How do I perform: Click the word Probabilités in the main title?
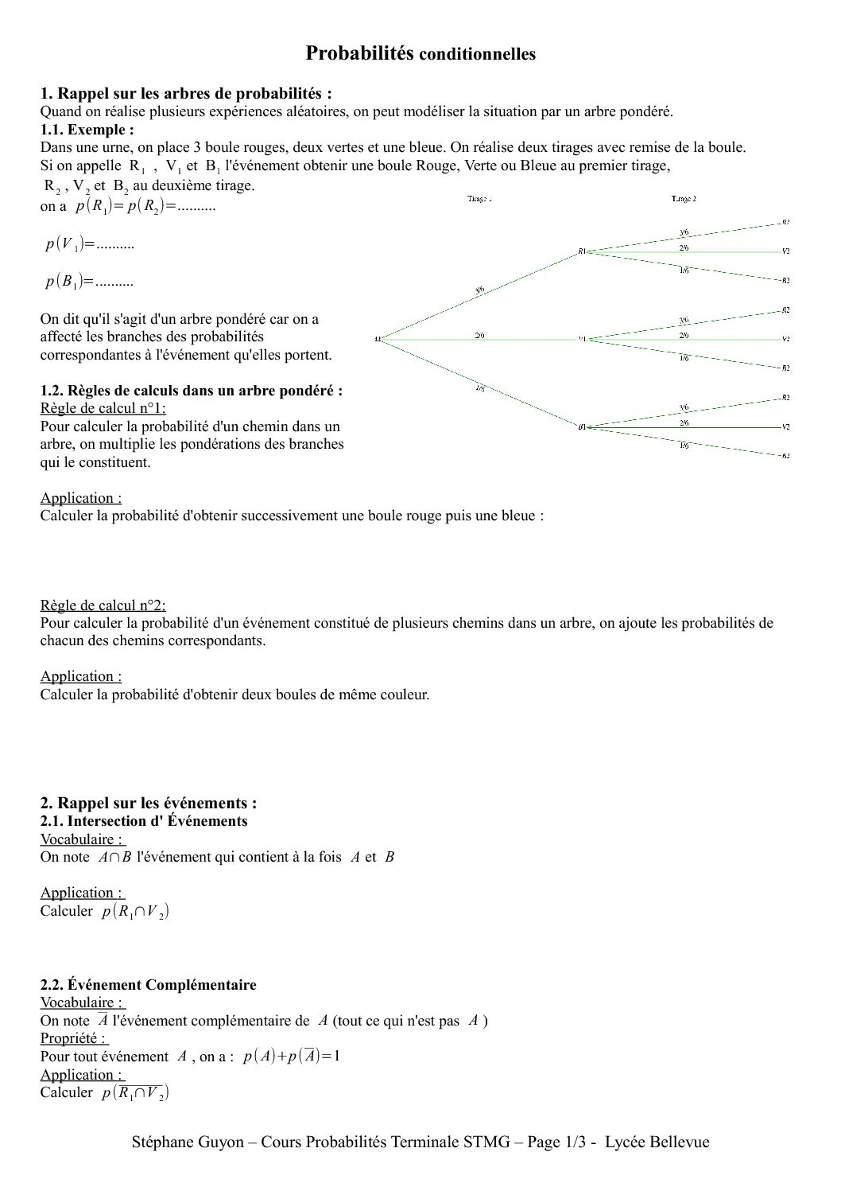point(359,53)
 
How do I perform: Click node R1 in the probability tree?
point(583,251)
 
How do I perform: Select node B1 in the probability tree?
point(583,427)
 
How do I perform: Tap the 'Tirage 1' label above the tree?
point(479,199)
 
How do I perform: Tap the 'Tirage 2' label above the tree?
point(684,199)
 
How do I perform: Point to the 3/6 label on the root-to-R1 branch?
point(479,290)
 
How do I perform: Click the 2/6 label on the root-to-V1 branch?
point(479,336)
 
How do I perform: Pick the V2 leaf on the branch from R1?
point(785,251)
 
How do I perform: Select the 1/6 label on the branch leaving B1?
point(684,446)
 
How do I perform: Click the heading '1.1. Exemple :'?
point(87,129)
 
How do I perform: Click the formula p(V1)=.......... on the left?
point(90,244)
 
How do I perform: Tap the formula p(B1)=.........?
point(90,282)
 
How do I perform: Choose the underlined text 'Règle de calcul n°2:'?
point(103,605)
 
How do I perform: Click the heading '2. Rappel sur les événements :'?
point(149,803)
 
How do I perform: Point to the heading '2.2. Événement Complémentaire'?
point(149,985)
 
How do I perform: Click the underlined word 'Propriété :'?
point(73,1038)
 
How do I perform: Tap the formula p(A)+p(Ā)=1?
point(292,1057)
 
